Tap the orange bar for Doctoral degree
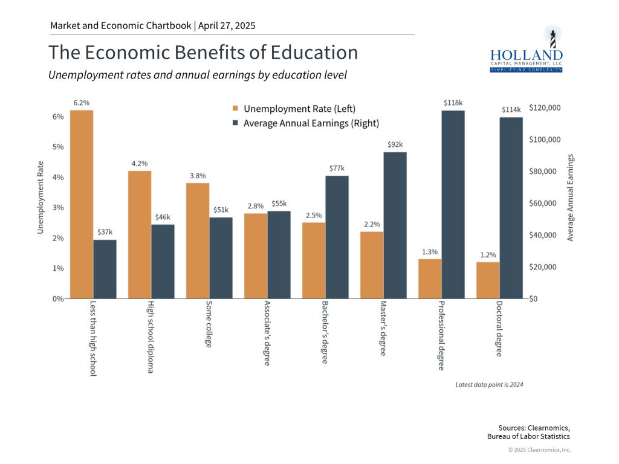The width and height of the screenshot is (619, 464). pyautogui.click(x=488, y=280)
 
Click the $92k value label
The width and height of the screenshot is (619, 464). pyautogui.click(x=395, y=144)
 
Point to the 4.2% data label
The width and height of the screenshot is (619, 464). pyautogui.click(x=140, y=163)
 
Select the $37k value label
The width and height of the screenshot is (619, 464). pyautogui.click(x=105, y=232)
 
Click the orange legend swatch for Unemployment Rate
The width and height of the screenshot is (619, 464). pyautogui.click(x=235, y=109)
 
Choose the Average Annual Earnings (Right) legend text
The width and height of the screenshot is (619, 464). pyautogui.click(x=311, y=123)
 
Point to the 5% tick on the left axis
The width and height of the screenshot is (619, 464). pyautogui.click(x=59, y=147)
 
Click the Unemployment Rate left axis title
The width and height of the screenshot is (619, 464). pyautogui.click(x=41, y=198)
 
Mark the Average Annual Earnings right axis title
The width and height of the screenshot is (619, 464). pyautogui.click(x=571, y=198)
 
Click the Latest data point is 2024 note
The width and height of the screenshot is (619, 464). pyautogui.click(x=489, y=384)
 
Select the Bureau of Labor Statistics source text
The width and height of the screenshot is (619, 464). pyautogui.click(x=528, y=436)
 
